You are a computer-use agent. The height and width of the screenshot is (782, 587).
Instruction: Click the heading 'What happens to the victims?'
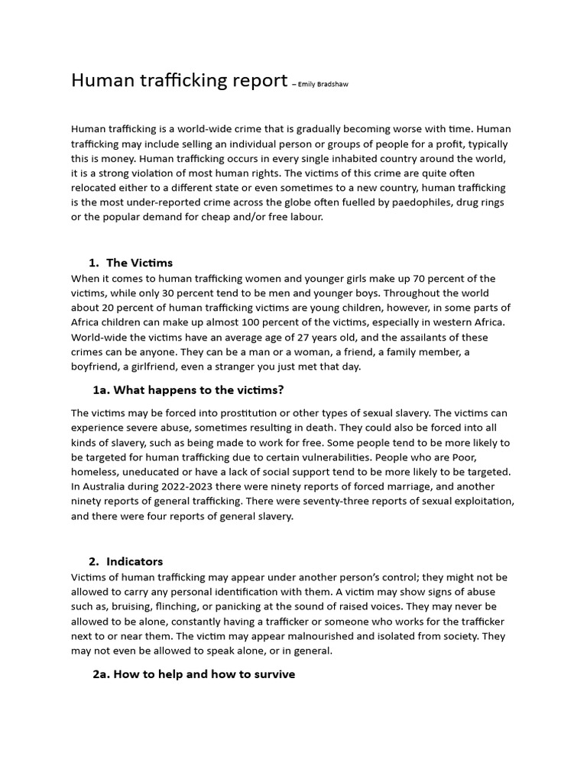pyautogui.click(x=188, y=390)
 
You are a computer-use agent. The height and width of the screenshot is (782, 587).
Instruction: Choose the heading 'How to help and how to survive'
pyautogui.click(x=193, y=674)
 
